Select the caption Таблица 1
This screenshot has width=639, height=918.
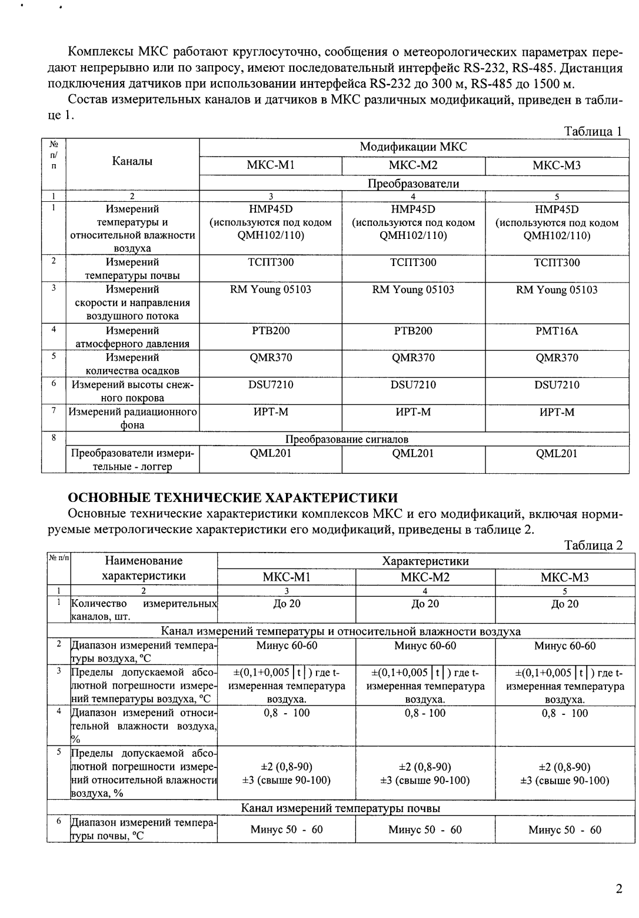(593, 131)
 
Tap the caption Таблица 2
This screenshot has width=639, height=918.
(593, 545)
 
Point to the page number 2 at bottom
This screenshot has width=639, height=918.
(618, 889)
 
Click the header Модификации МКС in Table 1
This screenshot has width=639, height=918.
(413, 147)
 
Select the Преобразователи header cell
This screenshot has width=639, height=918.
(413, 184)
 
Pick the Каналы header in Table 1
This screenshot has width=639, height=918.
(132, 161)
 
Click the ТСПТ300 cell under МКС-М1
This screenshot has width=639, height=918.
(271, 262)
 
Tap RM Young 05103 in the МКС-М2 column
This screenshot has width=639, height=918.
(413, 290)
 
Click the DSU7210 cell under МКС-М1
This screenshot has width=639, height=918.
(271, 385)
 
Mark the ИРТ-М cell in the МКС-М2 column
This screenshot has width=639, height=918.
(413, 413)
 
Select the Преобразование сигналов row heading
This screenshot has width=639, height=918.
(347, 440)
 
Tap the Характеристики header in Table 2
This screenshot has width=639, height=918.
(425, 561)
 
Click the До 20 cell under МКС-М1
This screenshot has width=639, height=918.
(287, 604)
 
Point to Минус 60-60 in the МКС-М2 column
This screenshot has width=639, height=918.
(425, 646)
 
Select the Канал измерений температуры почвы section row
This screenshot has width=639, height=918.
(341, 809)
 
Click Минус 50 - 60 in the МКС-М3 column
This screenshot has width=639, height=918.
(565, 830)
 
